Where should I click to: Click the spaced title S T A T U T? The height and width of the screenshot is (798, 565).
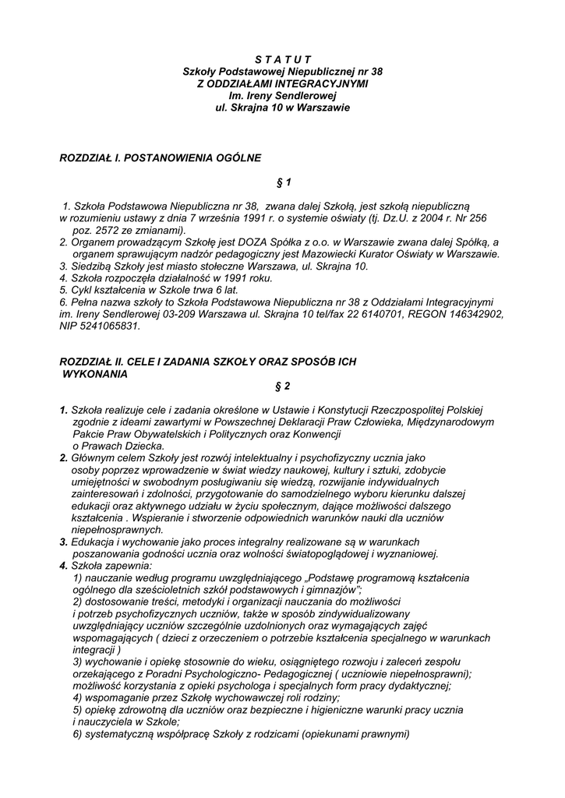(x=283, y=59)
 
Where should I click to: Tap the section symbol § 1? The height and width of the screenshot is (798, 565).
(x=283, y=182)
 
